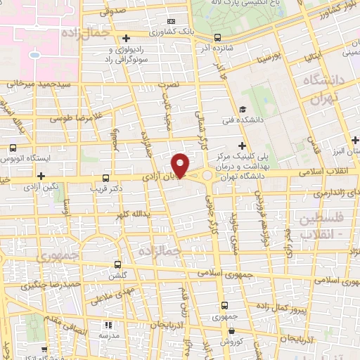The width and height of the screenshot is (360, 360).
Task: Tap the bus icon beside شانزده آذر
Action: [217, 37]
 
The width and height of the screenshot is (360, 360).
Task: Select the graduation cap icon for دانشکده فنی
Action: [242, 109]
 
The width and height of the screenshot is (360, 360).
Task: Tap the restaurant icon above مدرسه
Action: [108, 325]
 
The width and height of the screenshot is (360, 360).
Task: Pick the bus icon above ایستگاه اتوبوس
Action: [13, 148]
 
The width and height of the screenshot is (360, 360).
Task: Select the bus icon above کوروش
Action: [224, 305]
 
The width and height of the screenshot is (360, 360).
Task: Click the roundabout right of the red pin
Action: [208, 175]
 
